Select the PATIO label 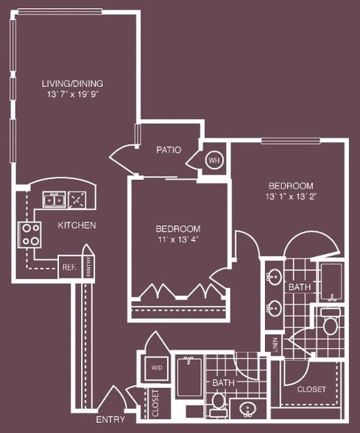[169, 149]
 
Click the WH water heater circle [214, 161]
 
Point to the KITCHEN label [77, 225]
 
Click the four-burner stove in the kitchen [30, 234]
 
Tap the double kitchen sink [54, 199]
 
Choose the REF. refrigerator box [69, 267]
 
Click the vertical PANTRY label [88, 266]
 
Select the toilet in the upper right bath [330, 324]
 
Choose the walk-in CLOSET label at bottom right [311, 389]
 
